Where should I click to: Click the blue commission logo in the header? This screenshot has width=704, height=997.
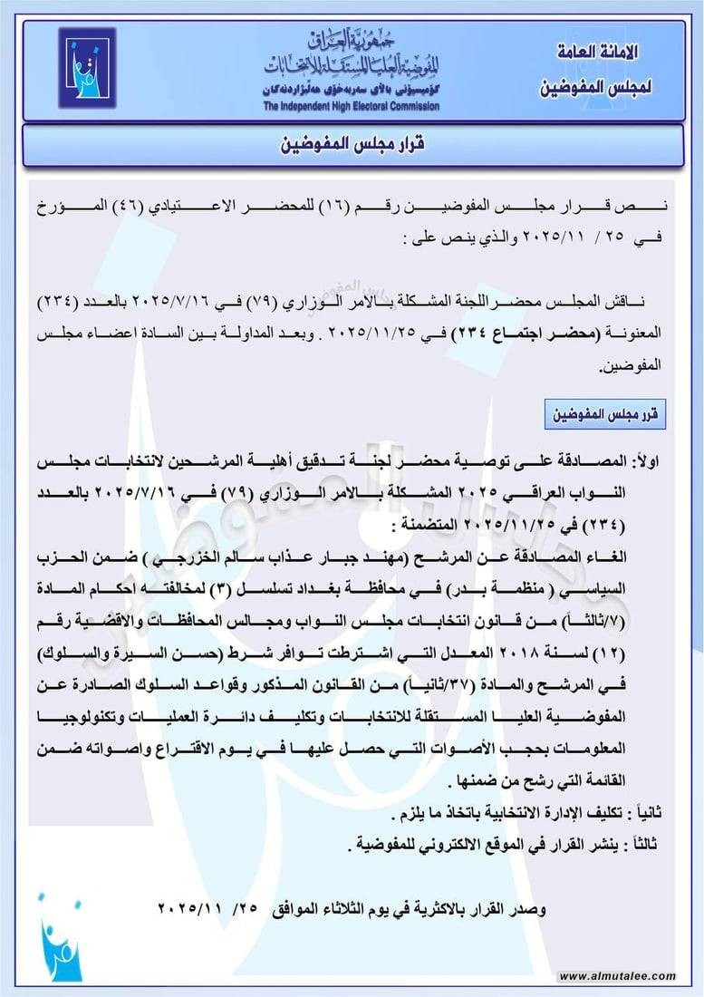[x=87, y=68]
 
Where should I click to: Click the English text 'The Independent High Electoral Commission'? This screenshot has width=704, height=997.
[x=352, y=107]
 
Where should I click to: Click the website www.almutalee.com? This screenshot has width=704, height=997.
[x=616, y=977]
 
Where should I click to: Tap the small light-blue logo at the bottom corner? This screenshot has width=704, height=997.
[x=59, y=938]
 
